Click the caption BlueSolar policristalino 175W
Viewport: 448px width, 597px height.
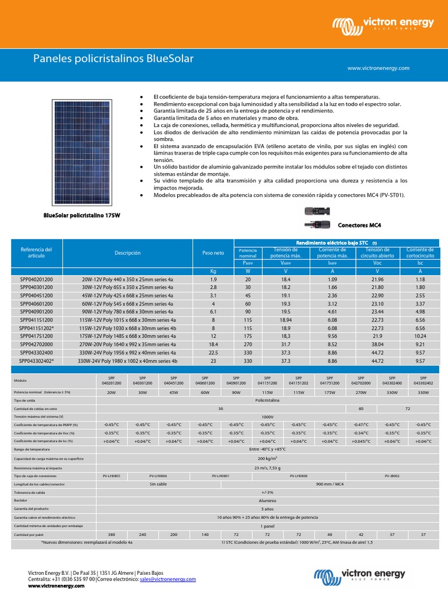[x=82, y=216]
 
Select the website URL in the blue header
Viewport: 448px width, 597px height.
[x=378, y=68]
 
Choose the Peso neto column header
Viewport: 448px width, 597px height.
[x=213, y=254]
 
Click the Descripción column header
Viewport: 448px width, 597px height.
[x=128, y=253]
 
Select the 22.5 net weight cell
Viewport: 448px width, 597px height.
[x=213, y=353]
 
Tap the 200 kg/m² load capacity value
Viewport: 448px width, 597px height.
[x=268, y=459]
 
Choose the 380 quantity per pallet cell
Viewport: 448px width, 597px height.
[x=111, y=534]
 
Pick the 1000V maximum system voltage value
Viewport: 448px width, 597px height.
[x=268, y=417]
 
